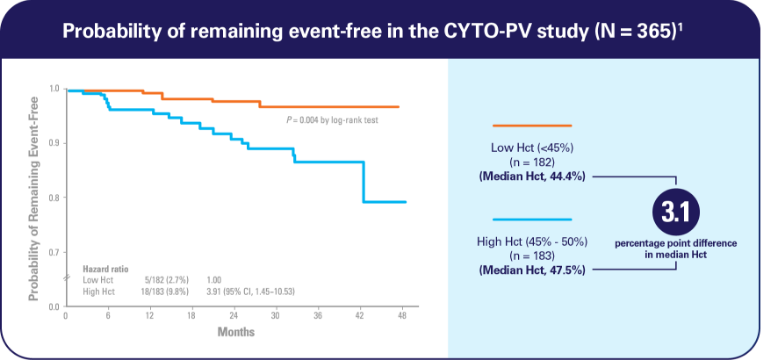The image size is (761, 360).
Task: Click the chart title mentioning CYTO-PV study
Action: point(380,30)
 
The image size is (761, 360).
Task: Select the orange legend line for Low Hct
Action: point(533,126)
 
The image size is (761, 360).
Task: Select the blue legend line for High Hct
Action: point(533,219)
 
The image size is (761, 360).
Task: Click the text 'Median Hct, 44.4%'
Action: point(533,177)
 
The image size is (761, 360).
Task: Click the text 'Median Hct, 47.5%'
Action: point(533,270)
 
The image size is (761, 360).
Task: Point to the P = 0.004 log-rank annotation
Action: point(338,119)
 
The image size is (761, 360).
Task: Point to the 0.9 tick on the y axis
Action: point(54,143)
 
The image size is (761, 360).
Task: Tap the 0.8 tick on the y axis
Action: point(54,197)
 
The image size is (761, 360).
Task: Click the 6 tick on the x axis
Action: point(108,315)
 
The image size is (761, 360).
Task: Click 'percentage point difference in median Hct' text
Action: point(674,249)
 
